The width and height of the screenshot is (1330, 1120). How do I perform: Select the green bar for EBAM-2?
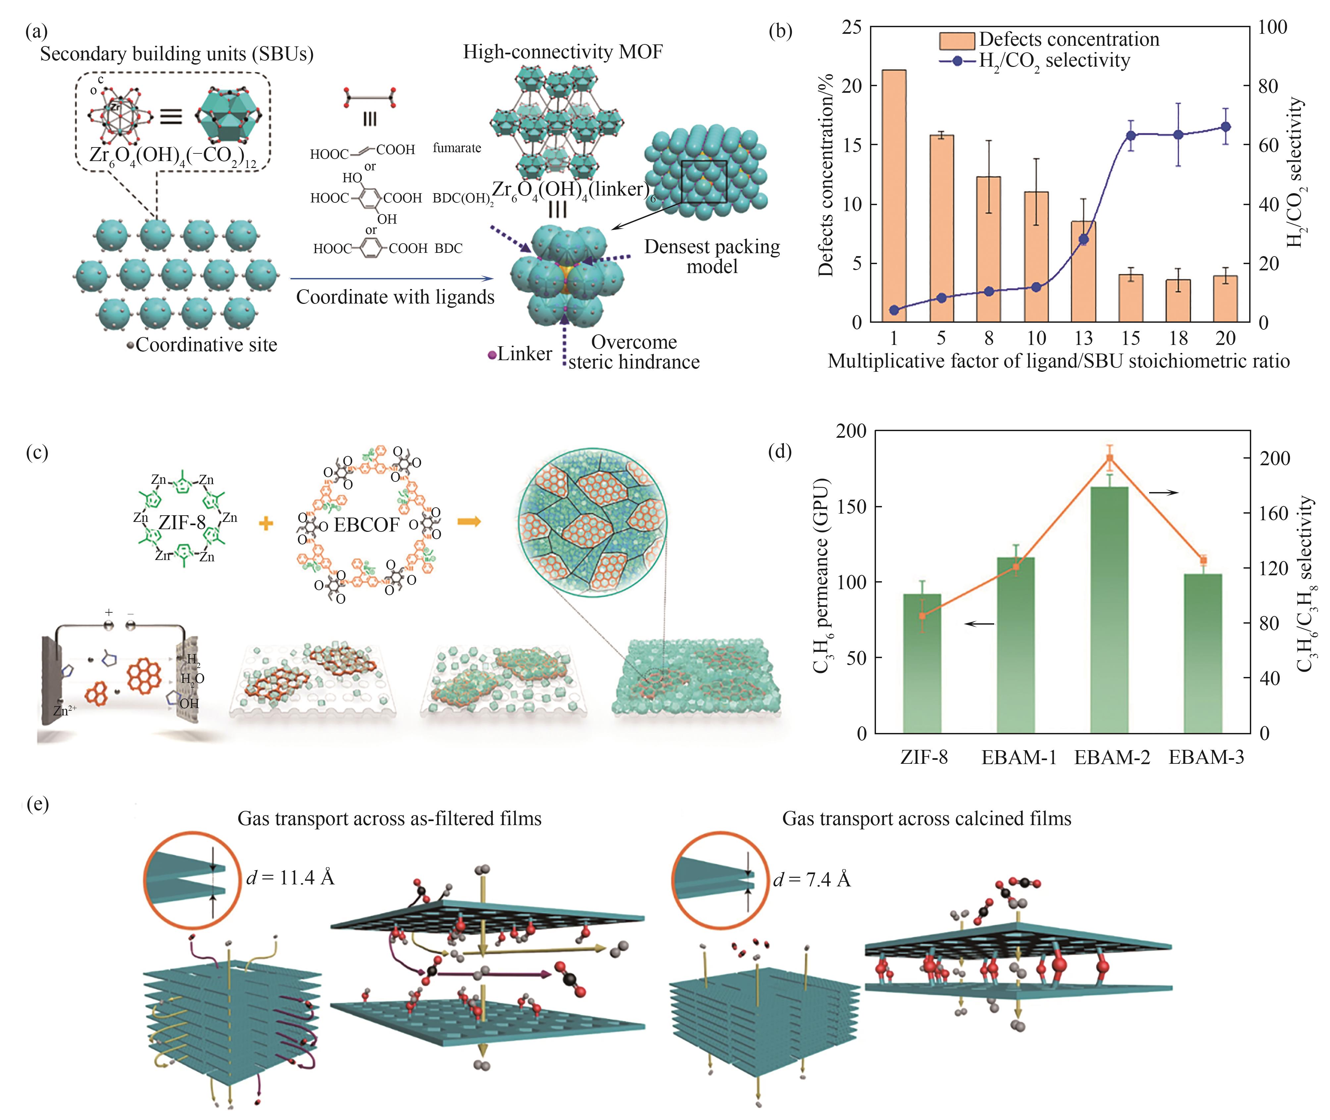point(1109,609)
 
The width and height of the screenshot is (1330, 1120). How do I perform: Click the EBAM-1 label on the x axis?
point(1018,757)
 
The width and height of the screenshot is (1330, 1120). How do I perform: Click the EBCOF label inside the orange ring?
point(366,525)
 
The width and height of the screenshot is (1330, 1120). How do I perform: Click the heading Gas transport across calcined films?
point(926,818)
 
